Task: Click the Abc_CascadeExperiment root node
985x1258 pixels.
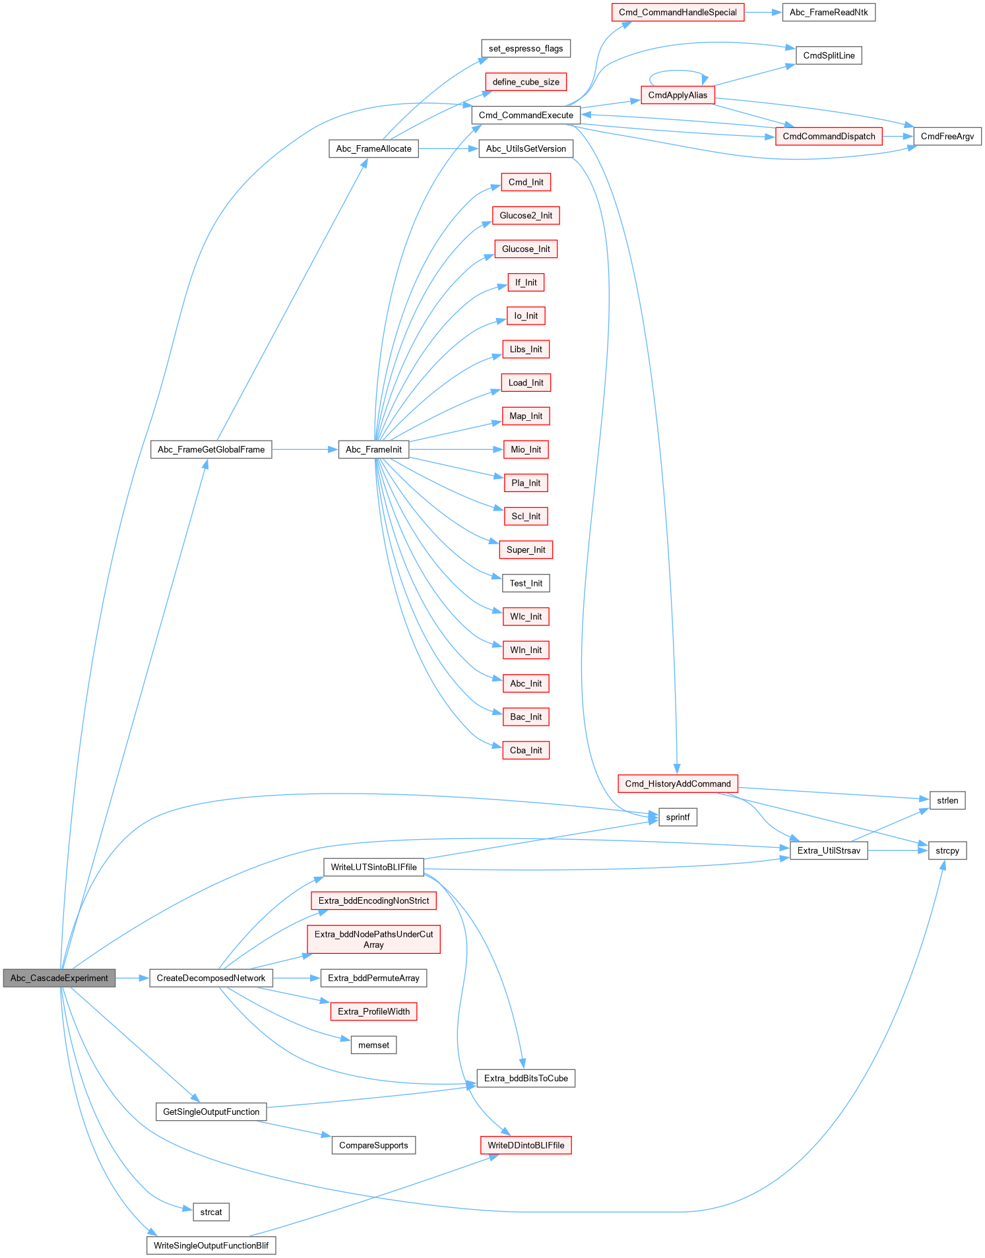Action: pos(59,978)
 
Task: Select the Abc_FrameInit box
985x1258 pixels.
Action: pos(373,449)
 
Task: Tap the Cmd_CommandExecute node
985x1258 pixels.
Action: pos(526,115)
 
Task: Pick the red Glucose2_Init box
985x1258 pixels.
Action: pos(526,215)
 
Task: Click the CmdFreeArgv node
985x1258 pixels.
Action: pos(947,136)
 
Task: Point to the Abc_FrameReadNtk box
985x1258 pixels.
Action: pos(829,12)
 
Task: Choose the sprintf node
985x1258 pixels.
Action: pos(678,817)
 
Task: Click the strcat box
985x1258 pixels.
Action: pos(211,1212)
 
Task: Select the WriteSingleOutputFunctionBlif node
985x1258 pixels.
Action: pos(211,1245)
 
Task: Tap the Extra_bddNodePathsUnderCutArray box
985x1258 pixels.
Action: pos(373,939)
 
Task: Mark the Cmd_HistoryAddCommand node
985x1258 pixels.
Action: pos(678,784)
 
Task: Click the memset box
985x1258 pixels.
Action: pos(373,1045)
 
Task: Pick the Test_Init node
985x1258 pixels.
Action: pos(526,583)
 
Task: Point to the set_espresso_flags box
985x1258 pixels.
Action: pos(526,48)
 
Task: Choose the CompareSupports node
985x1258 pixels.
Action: pos(373,1145)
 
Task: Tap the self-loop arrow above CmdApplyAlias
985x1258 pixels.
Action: pos(678,71)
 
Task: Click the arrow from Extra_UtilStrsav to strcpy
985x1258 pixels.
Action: pos(898,850)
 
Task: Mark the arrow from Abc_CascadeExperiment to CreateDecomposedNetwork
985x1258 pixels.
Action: pos(133,978)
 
